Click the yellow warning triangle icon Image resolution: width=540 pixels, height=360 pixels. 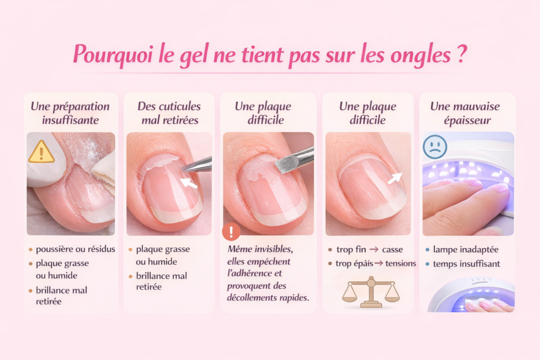click(x=41, y=152)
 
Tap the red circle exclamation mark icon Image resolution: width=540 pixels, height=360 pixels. click(x=231, y=232)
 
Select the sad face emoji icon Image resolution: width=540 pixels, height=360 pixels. click(x=435, y=147)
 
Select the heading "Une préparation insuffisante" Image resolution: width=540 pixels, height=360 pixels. click(x=70, y=113)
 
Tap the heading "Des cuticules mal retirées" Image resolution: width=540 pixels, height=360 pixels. click(x=169, y=113)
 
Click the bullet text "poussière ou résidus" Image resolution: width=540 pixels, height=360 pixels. click(x=75, y=249)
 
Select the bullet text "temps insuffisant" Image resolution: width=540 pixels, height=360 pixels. click(x=466, y=264)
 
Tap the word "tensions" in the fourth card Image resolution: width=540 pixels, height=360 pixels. click(x=400, y=264)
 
